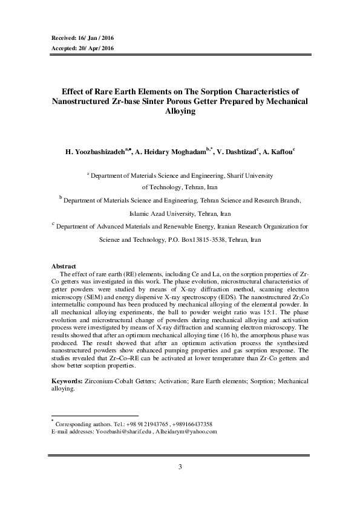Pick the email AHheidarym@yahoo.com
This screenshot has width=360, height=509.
pyautogui.click(x=186, y=432)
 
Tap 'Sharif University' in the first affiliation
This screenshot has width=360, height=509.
pyautogui.click(x=248, y=176)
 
